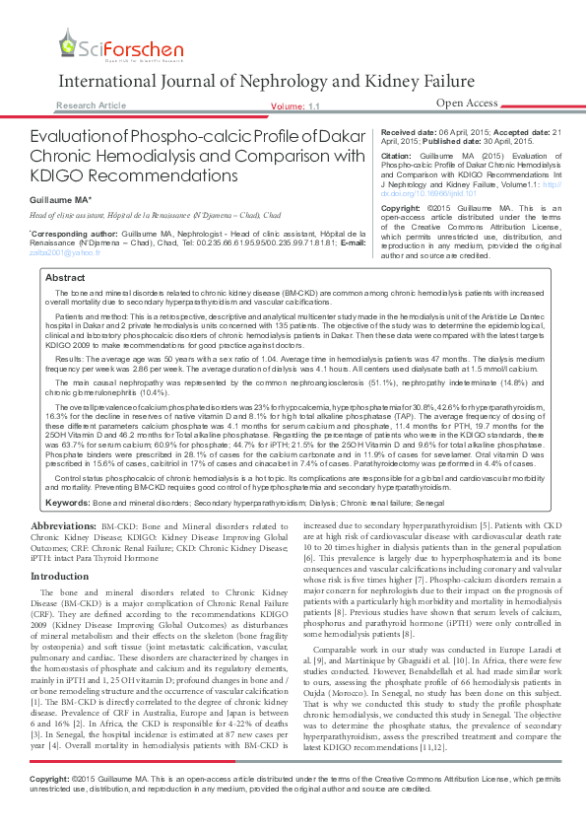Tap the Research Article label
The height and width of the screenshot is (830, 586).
click(91, 104)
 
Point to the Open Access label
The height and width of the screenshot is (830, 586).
click(467, 103)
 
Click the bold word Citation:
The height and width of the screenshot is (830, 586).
click(397, 156)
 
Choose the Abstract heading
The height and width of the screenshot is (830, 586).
click(65, 279)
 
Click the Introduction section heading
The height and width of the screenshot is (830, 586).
click(59, 576)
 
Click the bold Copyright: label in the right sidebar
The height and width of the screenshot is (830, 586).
click(401, 210)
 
